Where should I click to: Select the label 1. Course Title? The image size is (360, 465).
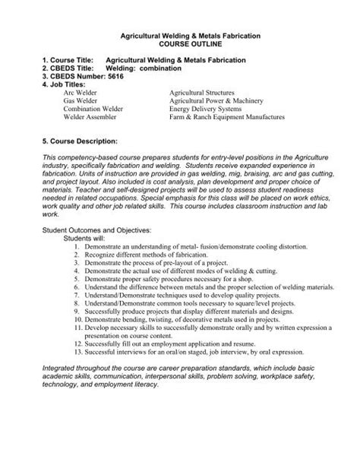pos(70,59)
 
